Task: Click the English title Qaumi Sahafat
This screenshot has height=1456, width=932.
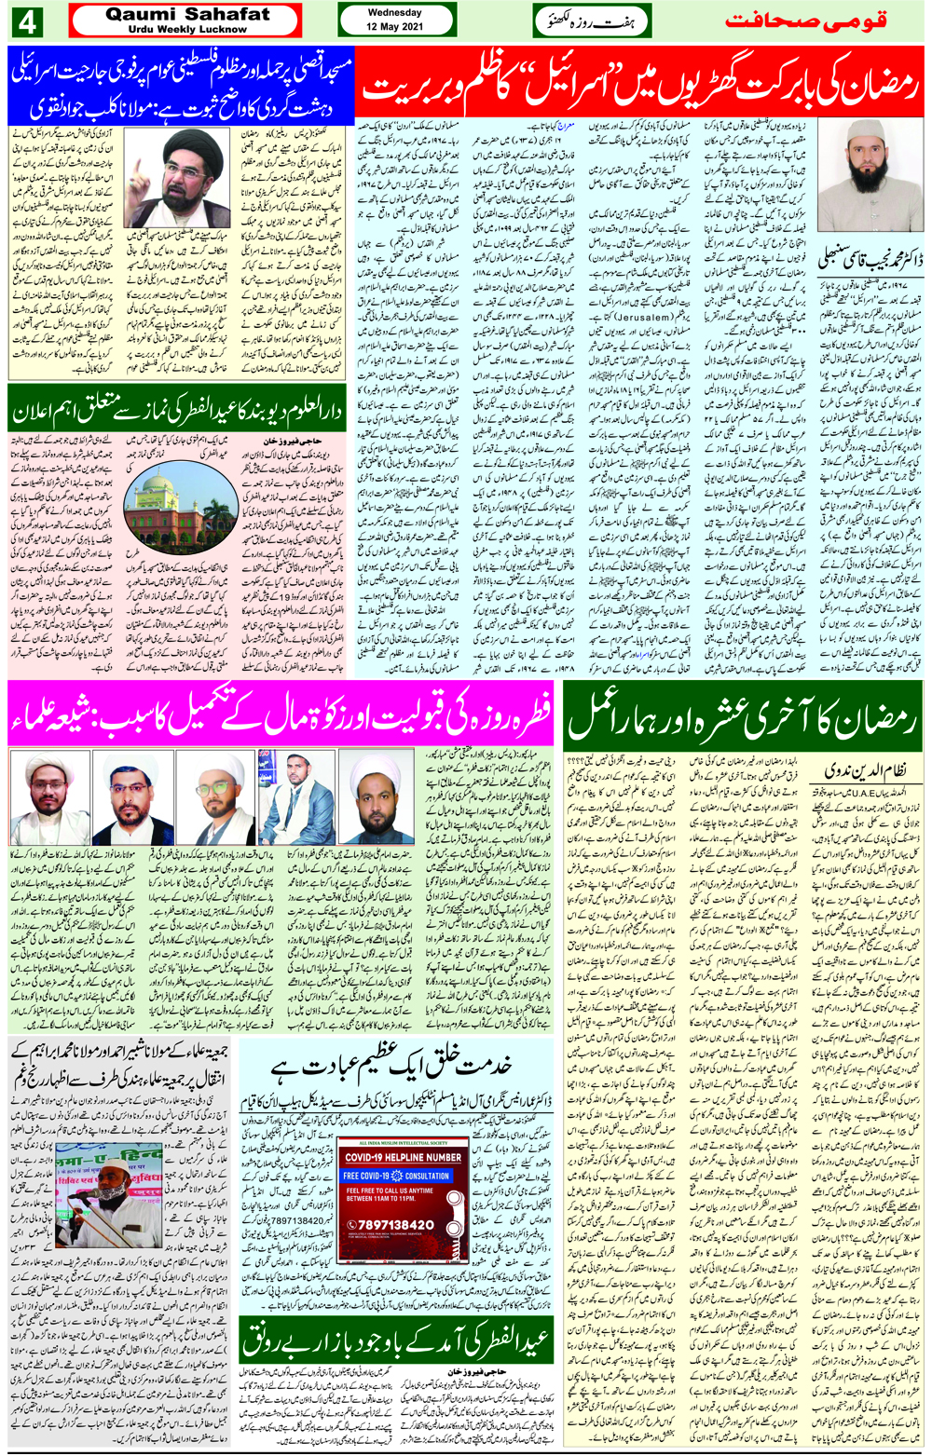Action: [x=187, y=14]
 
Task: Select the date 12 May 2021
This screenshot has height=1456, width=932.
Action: [x=394, y=27]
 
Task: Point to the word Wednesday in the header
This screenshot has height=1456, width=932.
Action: [x=394, y=13]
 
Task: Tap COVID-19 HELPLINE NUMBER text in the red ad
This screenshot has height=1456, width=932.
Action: [x=403, y=1157]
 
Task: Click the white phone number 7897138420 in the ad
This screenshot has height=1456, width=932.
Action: [x=395, y=1224]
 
